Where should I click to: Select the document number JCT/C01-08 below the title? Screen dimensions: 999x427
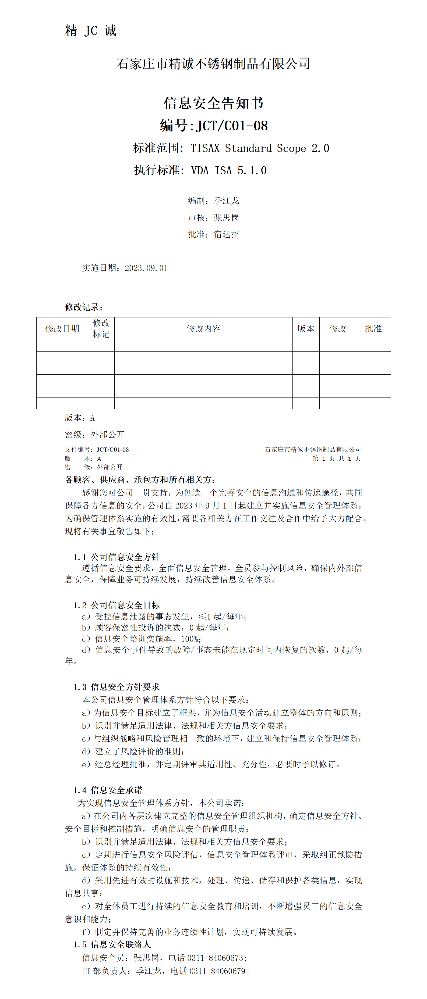click(x=232, y=126)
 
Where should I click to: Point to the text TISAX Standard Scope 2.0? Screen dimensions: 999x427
click(x=259, y=148)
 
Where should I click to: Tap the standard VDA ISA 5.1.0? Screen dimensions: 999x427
click(x=229, y=170)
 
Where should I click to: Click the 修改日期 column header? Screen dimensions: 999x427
click(x=62, y=328)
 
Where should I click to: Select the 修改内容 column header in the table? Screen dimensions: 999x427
click(x=203, y=328)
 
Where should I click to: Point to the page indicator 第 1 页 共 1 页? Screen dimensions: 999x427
click(x=337, y=459)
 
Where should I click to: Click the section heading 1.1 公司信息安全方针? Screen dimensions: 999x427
click(x=117, y=557)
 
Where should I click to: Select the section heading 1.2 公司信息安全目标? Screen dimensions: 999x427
click(x=117, y=605)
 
